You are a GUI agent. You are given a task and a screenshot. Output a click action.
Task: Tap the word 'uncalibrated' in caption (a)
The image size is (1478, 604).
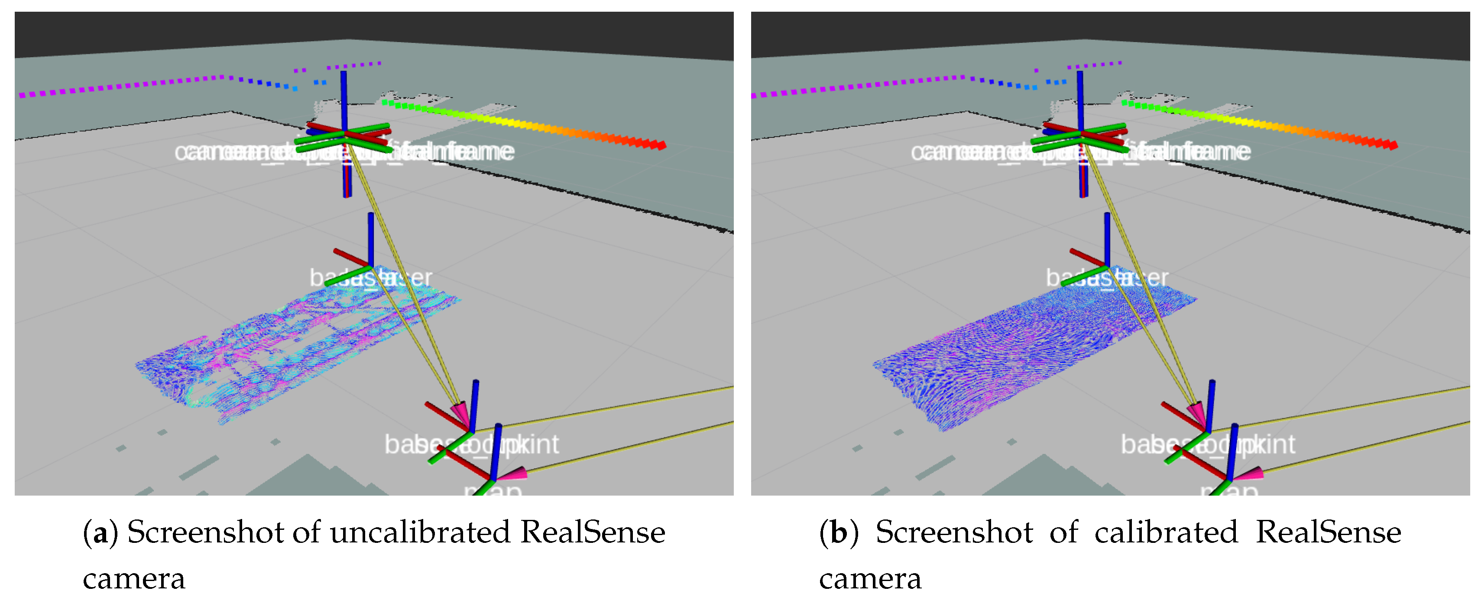point(419,532)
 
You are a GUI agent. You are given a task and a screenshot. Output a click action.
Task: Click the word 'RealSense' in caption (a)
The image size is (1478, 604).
point(593,532)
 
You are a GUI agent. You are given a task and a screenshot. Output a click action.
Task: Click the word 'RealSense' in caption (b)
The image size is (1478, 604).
point(1328,532)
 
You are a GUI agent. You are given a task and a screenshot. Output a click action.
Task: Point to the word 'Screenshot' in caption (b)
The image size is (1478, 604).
point(953,532)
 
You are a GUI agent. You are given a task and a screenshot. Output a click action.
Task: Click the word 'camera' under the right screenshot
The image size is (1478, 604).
point(870,579)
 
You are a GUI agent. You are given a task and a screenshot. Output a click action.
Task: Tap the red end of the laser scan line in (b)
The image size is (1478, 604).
point(1392,145)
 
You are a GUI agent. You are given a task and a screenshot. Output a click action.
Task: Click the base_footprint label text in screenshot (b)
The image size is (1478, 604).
point(1208,444)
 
